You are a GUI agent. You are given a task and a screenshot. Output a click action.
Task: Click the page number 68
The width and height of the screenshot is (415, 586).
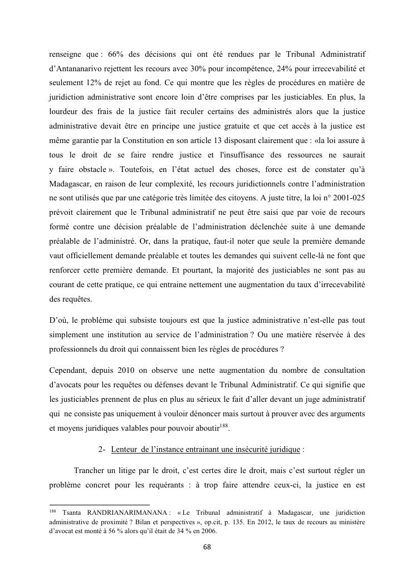pos(207,547)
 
